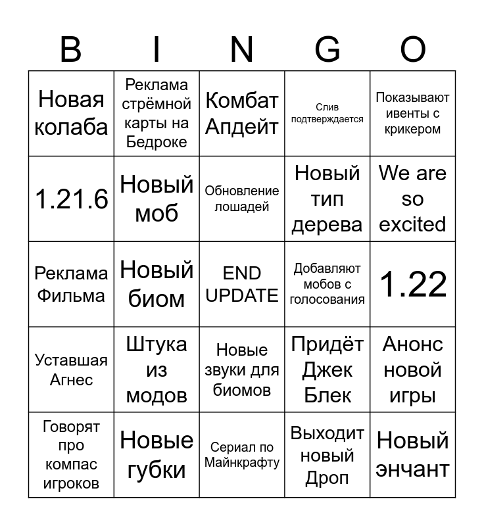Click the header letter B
point(70,49)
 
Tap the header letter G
point(327,49)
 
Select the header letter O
point(413,49)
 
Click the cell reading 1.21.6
point(71,199)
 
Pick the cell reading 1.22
point(413,284)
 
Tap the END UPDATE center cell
point(242,284)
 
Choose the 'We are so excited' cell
point(413,199)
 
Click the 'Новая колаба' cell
point(71,113)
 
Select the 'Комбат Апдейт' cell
point(242,113)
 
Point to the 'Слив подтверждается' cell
point(327,113)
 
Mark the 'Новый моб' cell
point(157,199)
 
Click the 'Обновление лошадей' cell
point(242,199)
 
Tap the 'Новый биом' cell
point(157,284)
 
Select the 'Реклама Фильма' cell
point(71,284)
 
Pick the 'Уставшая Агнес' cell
point(71,370)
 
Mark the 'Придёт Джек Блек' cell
point(327,370)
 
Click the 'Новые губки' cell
point(157,455)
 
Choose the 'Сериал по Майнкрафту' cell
point(242,455)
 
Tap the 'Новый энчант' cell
point(413,455)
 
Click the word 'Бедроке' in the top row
point(157,142)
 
